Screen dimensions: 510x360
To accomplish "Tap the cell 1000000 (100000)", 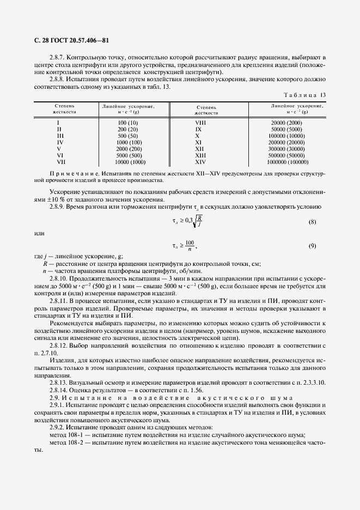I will pos(289,162).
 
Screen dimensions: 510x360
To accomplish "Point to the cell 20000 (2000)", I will pos(289,123).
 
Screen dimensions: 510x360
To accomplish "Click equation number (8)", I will pos(313,222).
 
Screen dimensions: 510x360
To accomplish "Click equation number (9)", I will pos(313,246).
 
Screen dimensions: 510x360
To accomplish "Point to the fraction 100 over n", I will pos(190,246).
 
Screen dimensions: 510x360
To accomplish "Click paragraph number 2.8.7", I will pos(58,57).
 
